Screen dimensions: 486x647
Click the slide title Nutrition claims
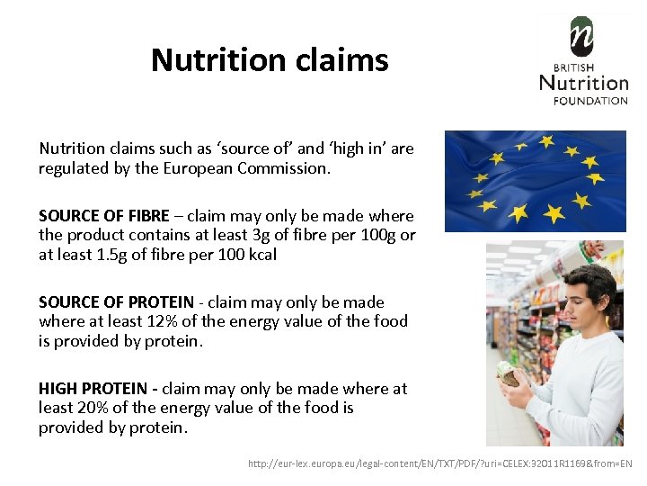[270, 60]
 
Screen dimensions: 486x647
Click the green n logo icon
[582, 37]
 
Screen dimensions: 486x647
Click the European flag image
[535, 180]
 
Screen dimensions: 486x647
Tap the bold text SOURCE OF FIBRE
[103, 216]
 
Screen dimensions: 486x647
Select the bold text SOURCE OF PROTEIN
[116, 302]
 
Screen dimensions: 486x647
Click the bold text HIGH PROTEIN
[93, 389]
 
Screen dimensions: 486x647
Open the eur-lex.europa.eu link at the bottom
[440, 463]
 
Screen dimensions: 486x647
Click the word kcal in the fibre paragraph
[261, 255]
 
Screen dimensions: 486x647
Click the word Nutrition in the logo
[583, 84]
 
